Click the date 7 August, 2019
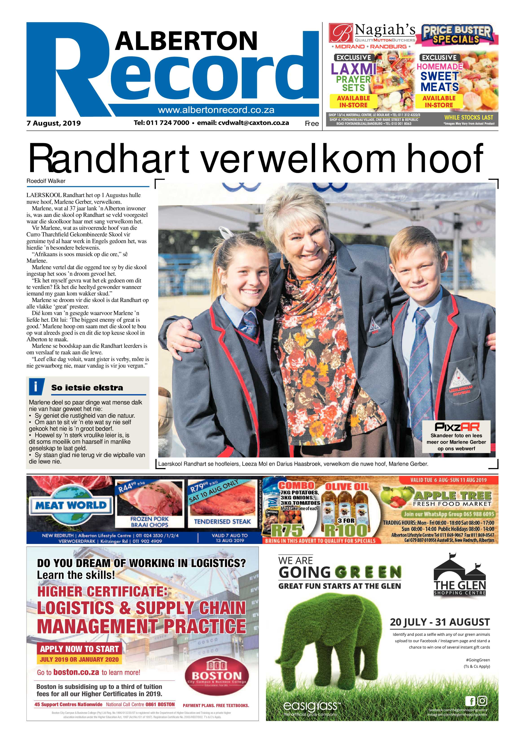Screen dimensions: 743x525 click(x=54, y=123)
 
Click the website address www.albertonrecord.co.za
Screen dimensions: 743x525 click(x=216, y=110)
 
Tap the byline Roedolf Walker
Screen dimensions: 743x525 click(x=46, y=181)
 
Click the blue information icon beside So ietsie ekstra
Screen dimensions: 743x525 click(x=36, y=386)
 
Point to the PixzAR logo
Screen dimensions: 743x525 click(x=457, y=426)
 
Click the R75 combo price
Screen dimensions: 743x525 click(x=287, y=531)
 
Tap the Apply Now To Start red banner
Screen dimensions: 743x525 click(x=79, y=649)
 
